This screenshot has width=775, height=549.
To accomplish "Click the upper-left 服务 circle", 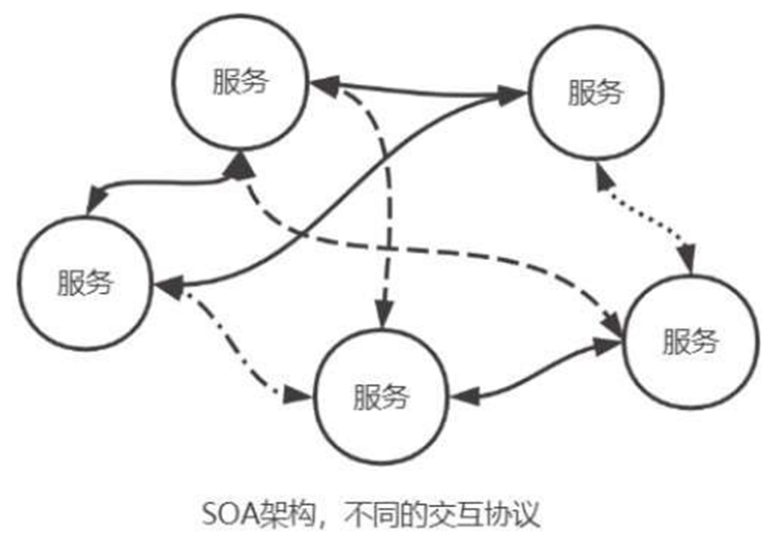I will [240, 82].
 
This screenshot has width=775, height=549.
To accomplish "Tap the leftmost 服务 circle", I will [86, 282].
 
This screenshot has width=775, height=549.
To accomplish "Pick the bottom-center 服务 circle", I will [381, 397].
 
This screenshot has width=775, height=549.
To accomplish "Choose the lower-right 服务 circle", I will [690, 342].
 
